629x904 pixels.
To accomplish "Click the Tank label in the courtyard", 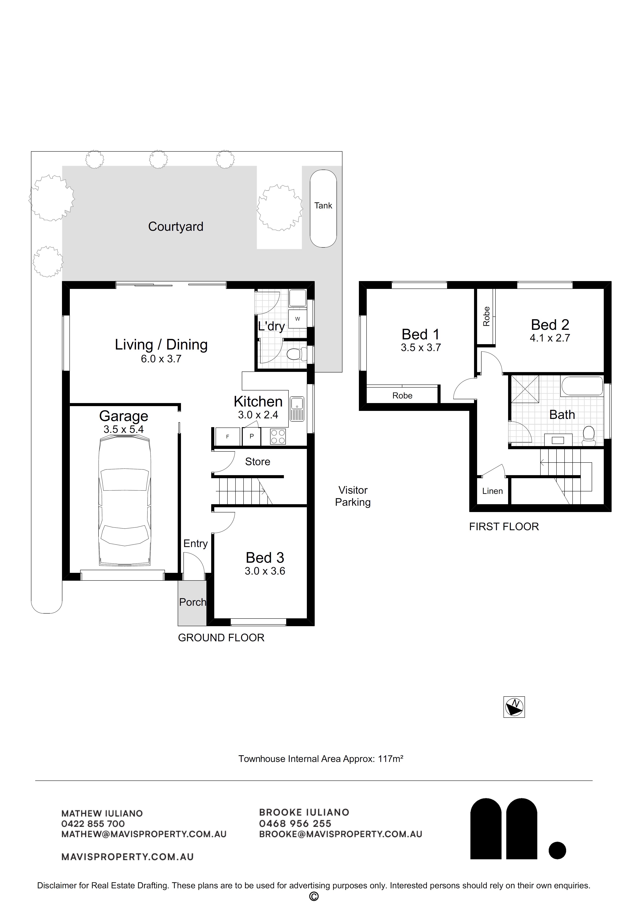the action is coord(323,206).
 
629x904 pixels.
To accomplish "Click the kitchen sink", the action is coord(297,408).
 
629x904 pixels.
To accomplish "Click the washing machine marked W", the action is coord(297,319).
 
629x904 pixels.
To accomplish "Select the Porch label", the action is coord(193,602).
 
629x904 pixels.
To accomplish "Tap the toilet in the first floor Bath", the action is coord(588,436).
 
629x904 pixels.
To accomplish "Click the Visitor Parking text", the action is coord(353,496).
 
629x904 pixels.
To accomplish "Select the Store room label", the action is coord(257,461).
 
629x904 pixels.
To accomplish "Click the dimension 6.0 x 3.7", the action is coord(161,359).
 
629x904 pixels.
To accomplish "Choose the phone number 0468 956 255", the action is coord(295,824).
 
